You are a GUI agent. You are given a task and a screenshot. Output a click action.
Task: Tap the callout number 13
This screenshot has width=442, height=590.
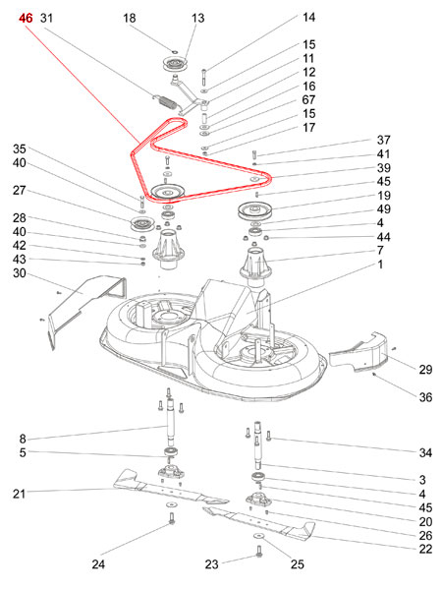[x=198, y=19]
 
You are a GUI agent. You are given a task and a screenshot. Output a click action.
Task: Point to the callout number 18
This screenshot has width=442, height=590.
[x=158, y=19]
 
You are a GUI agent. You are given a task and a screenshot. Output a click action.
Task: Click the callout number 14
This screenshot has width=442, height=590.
[x=309, y=18]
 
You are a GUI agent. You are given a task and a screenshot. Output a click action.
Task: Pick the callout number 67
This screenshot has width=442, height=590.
[x=309, y=100]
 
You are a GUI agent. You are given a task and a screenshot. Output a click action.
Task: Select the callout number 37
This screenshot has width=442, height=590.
[x=384, y=140]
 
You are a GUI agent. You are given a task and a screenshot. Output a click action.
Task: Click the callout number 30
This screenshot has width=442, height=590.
[x=19, y=273]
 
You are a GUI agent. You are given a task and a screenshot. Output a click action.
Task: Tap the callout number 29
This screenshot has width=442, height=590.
[x=424, y=370]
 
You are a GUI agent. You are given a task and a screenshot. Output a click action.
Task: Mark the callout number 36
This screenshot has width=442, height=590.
[x=424, y=397]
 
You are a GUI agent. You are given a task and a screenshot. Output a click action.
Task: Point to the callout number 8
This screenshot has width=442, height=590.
[x=23, y=439]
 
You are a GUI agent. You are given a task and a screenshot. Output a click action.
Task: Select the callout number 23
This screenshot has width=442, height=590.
[x=211, y=564]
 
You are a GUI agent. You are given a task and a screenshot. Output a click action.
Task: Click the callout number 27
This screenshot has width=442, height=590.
[x=19, y=191]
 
